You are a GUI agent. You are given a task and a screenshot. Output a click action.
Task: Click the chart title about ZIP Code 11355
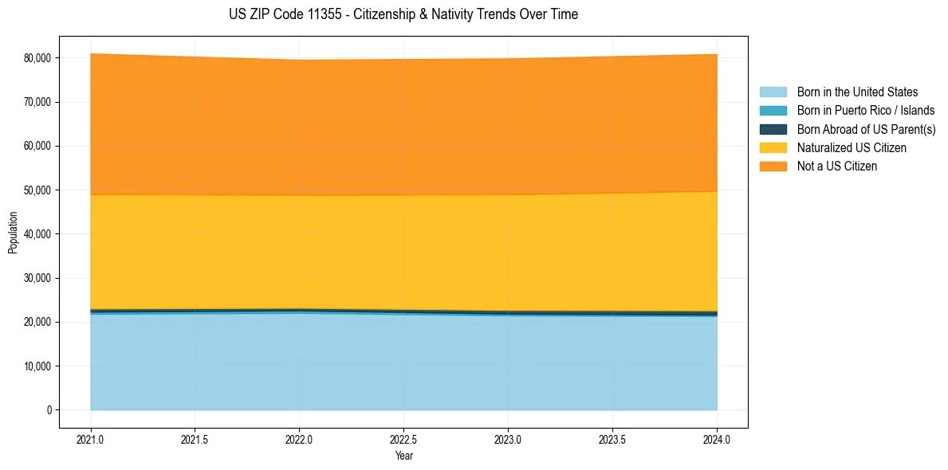[x=403, y=14]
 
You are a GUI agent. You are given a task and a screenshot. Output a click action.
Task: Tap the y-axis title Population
[x=13, y=233]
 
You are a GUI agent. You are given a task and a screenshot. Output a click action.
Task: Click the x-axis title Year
[x=403, y=456]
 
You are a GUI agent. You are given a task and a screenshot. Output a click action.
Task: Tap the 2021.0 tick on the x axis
[x=91, y=439]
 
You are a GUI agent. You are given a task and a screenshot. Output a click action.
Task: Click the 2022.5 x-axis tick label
[x=403, y=439]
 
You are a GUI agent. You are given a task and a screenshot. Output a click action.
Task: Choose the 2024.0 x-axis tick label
[x=717, y=439]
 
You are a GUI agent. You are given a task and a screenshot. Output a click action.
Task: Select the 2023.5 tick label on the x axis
[x=612, y=439]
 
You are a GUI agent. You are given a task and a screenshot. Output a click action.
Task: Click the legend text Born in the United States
[x=857, y=92]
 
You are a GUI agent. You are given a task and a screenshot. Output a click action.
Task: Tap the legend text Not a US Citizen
[x=836, y=166]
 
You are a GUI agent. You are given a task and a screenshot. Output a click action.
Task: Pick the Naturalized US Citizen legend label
[x=852, y=148]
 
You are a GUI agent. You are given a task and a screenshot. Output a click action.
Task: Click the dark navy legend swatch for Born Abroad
[x=773, y=129]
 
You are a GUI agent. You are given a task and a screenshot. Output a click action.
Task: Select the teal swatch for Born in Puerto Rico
[x=773, y=111]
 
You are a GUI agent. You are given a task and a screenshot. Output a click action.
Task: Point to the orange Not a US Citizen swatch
[x=773, y=166]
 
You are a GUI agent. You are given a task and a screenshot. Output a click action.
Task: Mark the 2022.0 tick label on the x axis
[x=299, y=439]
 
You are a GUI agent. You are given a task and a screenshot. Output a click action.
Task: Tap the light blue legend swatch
[x=773, y=92]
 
